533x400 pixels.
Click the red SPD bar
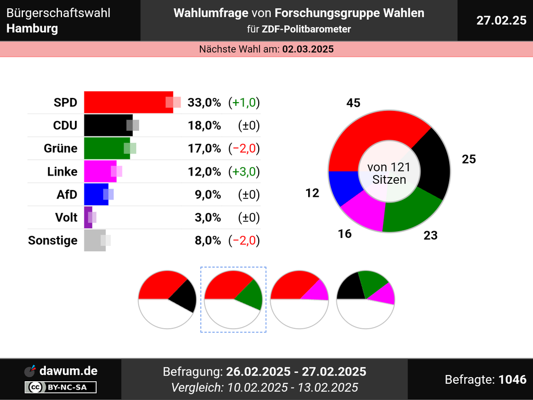click(128, 102)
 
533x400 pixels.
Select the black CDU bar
click(108, 125)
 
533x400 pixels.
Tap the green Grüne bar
click(106, 148)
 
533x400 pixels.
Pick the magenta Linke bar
click(100, 171)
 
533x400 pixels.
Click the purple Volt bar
click(88, 217)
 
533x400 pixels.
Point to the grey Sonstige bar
click(95, 240)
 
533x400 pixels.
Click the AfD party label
click(67, 194)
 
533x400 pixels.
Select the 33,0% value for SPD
click(204, 103)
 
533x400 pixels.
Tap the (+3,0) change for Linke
click(244, 171)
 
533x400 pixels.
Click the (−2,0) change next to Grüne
click(244, 148)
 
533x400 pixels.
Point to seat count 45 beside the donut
click(353, 103)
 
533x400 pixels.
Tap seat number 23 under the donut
click(430, 235)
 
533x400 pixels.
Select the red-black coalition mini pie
click(167, 299)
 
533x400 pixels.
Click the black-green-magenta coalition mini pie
click(365, 299)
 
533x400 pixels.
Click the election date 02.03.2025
click(308, 49)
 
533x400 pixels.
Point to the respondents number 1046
click(512, 379)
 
